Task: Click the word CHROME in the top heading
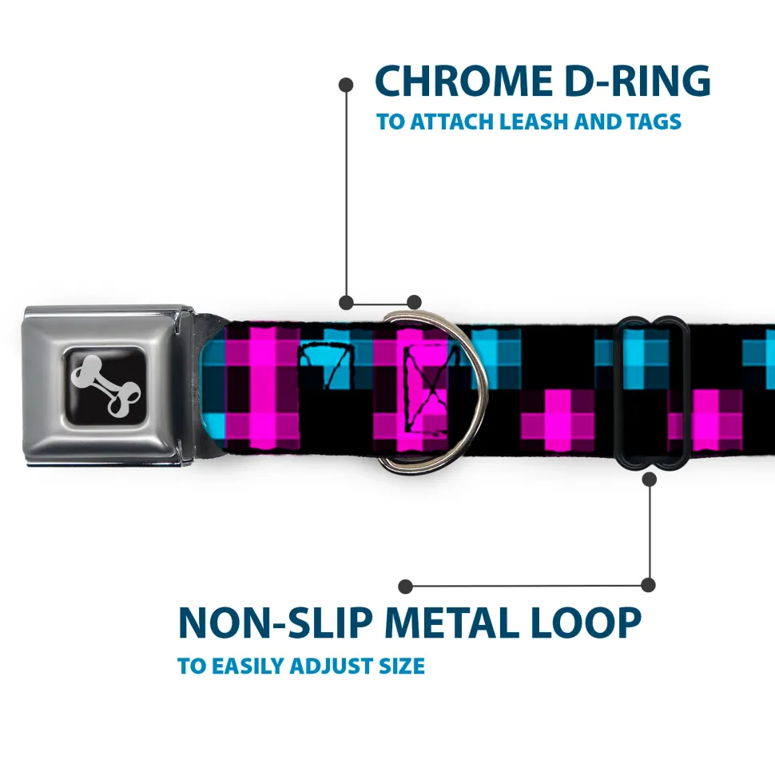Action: [x=463, y=81]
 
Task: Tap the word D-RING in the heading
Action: [x=638, y=81]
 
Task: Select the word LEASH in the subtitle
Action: [x=534, y=121]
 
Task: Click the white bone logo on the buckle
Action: [x=105, y=385]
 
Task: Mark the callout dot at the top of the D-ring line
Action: [x=346, y=85]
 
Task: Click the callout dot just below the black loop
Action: [x=650, y=479]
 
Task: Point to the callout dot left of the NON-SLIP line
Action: [x=405, y=587]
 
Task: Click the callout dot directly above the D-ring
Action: [x=414, y=302]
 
